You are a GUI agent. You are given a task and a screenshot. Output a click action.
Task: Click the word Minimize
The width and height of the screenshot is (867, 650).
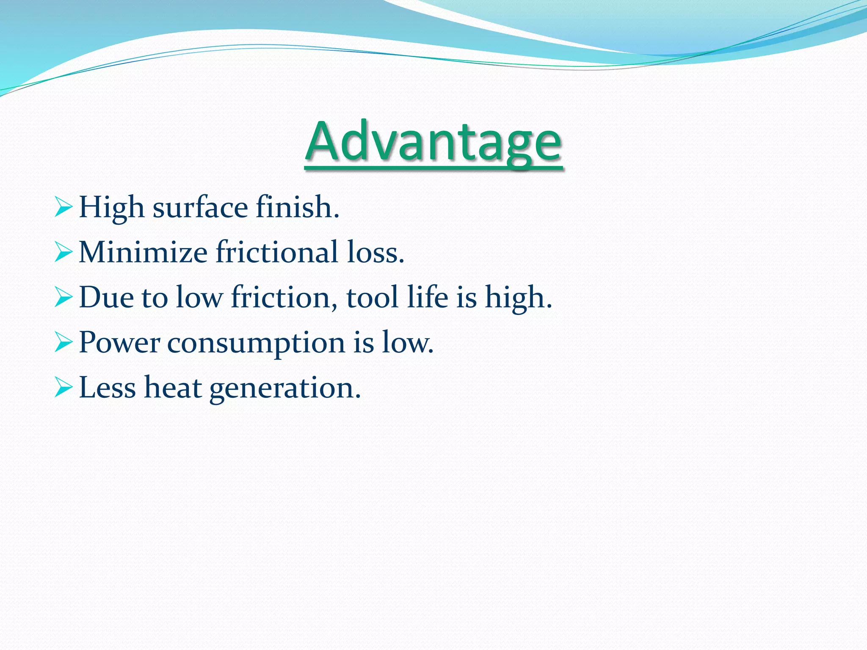point(143,253)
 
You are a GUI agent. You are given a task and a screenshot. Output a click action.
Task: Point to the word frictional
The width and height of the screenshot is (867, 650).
point(277,253)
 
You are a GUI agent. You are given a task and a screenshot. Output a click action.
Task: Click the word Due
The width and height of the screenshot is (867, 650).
point(106,297)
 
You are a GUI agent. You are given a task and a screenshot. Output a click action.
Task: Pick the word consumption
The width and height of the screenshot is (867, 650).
point(256,343)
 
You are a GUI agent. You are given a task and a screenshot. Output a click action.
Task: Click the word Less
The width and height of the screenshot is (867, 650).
point(107,388)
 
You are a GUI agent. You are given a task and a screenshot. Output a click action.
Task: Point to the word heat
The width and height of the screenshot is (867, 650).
point(173,388)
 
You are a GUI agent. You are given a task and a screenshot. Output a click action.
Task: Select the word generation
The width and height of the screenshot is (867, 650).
point(285,388)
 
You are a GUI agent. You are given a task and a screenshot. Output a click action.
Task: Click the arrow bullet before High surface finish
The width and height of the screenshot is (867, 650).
point(64,208)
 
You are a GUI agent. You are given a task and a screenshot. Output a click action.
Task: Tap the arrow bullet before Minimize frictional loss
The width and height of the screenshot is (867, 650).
point(64,253)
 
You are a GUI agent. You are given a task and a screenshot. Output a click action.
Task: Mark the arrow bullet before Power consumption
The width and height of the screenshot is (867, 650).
point(64,342)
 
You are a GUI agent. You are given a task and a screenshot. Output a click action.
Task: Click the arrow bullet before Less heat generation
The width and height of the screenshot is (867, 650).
point(64,388)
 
